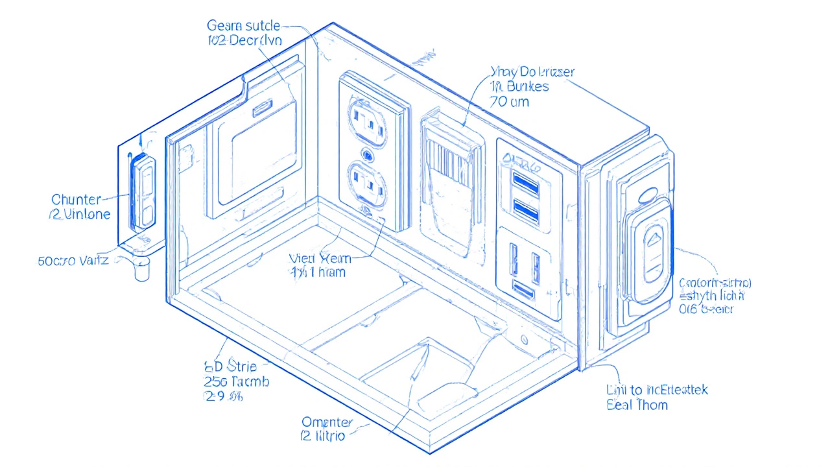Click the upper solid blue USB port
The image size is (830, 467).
pos(526,183)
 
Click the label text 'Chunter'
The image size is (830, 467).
pos(77,199)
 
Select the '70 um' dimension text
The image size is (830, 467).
pos(510,101)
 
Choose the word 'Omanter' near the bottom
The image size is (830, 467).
pos(327,422)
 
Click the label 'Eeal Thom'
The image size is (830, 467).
pos(637,405)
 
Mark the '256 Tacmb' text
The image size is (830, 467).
pos(236,381)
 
